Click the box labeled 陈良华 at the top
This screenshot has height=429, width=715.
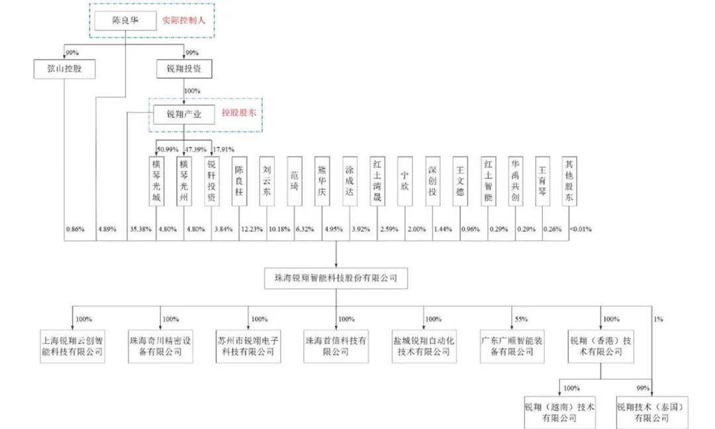(x=124, y=21)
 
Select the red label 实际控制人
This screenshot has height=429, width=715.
(x=184, y=21)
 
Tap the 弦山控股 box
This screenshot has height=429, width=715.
(x=64, y=68)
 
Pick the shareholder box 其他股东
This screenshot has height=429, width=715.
(x=569, y=181)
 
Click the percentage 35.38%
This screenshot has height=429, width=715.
(x=140, y=230)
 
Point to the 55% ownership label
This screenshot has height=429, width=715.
(x=521, y=319)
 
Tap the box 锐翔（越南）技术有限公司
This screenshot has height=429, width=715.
(x=559, y=412)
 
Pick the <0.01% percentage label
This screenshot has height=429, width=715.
(x=581, y=230)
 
